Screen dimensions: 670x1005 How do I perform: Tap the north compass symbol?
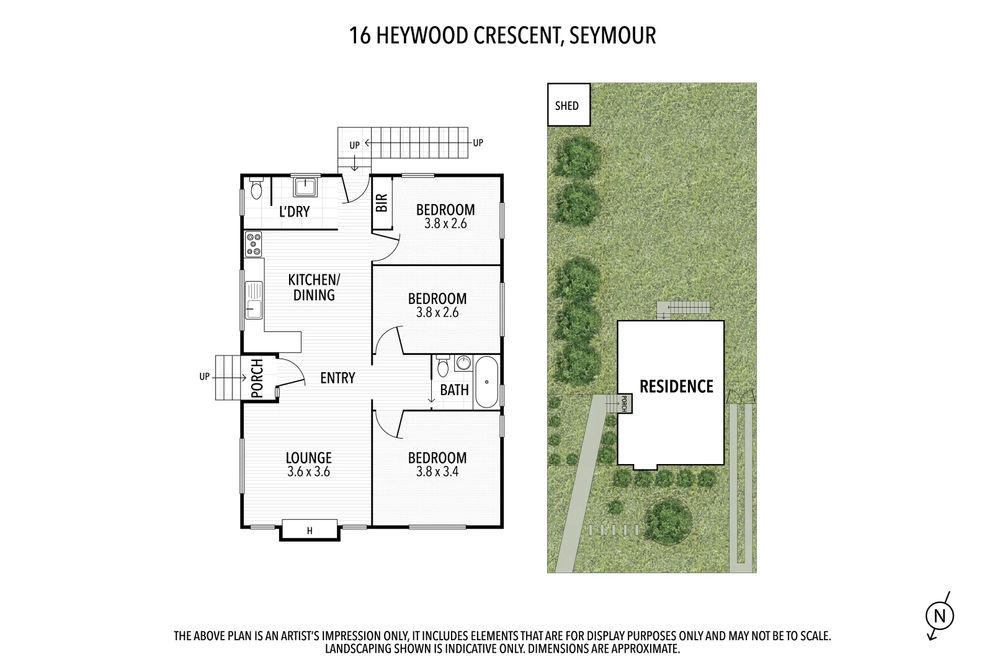click(x=939, y=616)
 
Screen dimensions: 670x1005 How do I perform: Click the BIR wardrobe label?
click(x=382, y=202)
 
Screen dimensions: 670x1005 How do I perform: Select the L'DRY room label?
click(x=294, y=212)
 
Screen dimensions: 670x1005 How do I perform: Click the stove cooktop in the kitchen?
click(x=253, y=244)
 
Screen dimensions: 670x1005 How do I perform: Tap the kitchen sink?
click(x=254, y=300)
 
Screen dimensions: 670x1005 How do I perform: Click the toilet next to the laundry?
click(x=257, y=189)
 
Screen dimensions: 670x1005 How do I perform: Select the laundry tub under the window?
click(x=305, y=187)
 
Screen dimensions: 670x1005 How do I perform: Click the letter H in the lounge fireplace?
click(x=310, y=530)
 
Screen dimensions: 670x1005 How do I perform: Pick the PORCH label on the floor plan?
click(x=257, y=378)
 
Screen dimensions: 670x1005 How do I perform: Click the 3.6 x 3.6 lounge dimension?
click(x=308, y=471)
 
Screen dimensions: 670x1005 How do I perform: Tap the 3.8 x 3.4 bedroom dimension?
click(x=437, y=471)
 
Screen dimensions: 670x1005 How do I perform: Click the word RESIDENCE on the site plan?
click(x=676, y=386)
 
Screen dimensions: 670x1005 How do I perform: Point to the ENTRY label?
click(x=337, y=378)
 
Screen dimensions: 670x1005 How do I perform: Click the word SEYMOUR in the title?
click(x=612, y=35)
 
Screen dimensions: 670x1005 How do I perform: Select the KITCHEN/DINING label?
click(x=314, y=287)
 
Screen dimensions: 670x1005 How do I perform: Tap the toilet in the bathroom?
click(x=442, y=367)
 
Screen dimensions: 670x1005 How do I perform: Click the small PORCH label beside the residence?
click(x=625, y=404)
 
